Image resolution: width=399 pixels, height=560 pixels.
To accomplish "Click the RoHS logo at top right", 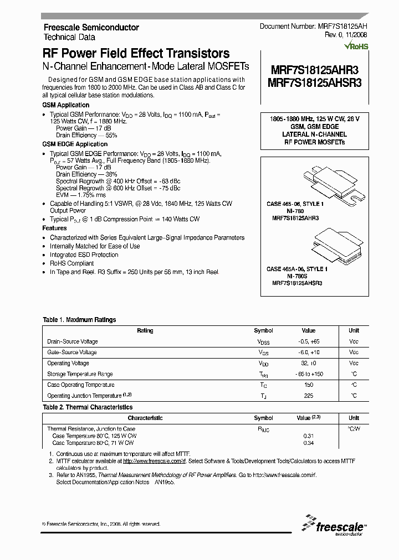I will (x=356, y=46).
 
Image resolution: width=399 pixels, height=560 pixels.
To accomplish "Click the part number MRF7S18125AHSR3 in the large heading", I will (x=315, y=83).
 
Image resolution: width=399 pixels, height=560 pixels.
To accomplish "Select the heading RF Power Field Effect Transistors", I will (x=136, y=54).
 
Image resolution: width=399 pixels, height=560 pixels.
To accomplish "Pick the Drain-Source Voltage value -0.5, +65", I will (x=309, y=341).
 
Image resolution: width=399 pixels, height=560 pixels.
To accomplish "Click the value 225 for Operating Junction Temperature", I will (x=309, y=396).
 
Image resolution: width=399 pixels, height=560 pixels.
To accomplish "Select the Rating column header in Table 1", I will (x=145, y=330).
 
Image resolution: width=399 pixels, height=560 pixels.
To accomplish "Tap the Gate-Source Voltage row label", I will (x=72, y=352).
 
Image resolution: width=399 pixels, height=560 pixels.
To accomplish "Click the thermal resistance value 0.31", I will (x=309, y=435).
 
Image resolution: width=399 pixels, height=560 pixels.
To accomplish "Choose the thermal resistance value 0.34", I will (x=309, y=443).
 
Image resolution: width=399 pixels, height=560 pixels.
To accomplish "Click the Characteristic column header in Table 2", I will (x=145, y=418).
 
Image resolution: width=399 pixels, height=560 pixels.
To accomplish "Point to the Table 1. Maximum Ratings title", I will (x=79, y=320).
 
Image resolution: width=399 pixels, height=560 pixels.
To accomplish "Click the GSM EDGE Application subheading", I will (x=75, y=144).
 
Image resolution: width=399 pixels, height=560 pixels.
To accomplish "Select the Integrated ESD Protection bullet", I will (x=84, y=255).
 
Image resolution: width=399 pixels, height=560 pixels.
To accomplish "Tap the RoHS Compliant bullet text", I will (x=71, y=263).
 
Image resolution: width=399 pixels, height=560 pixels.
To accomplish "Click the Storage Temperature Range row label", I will (x=80, y=374).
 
